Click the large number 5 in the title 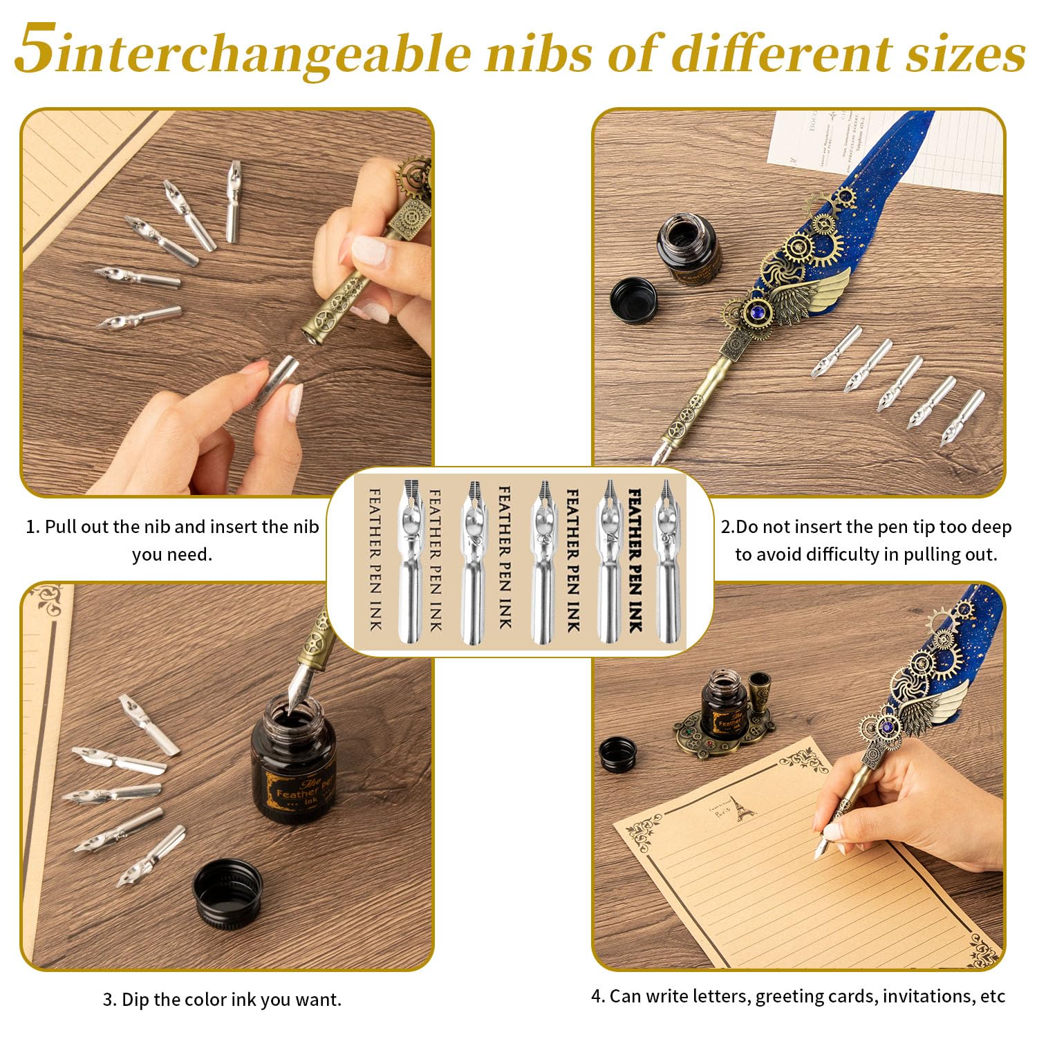(35, 50)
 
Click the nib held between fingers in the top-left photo (277, 382)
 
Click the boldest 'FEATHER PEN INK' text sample (633, 560)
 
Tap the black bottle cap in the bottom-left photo (227, 891)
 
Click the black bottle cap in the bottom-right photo (617, 754)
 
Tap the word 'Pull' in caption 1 (61, 527)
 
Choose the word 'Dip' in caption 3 (134, 1000)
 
